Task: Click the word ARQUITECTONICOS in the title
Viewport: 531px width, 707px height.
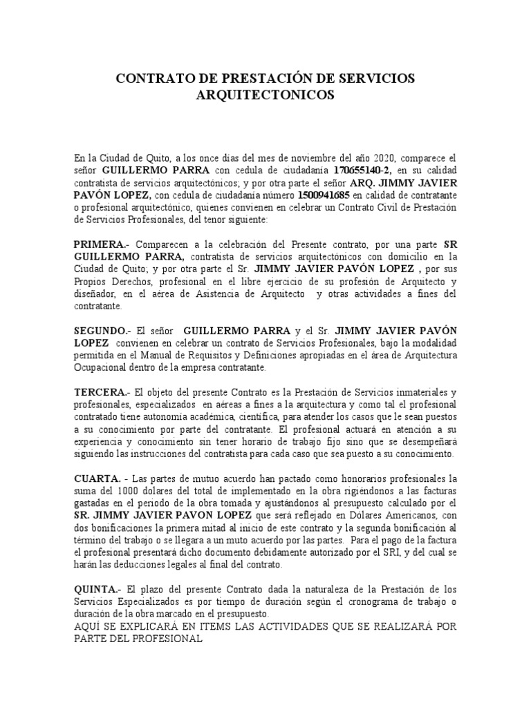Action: point(265,95)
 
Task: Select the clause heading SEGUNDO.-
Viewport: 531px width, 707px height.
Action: point(102,331)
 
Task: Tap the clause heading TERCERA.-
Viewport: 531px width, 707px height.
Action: point(102,392)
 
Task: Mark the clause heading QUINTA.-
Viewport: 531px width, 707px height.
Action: point(98,590)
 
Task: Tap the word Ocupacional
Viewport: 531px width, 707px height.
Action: point(102,368)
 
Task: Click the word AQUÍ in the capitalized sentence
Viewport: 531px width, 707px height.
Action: point(89,626)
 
